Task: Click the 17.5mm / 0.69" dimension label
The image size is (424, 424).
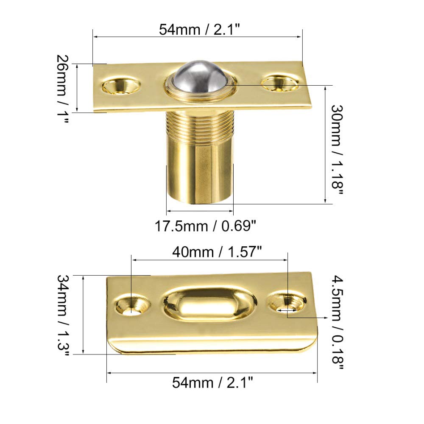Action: point(205,226)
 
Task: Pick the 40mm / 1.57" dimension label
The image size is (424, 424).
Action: point(216,252)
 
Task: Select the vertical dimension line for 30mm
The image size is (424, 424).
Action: point(325,144)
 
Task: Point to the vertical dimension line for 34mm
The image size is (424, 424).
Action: point(84,314)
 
